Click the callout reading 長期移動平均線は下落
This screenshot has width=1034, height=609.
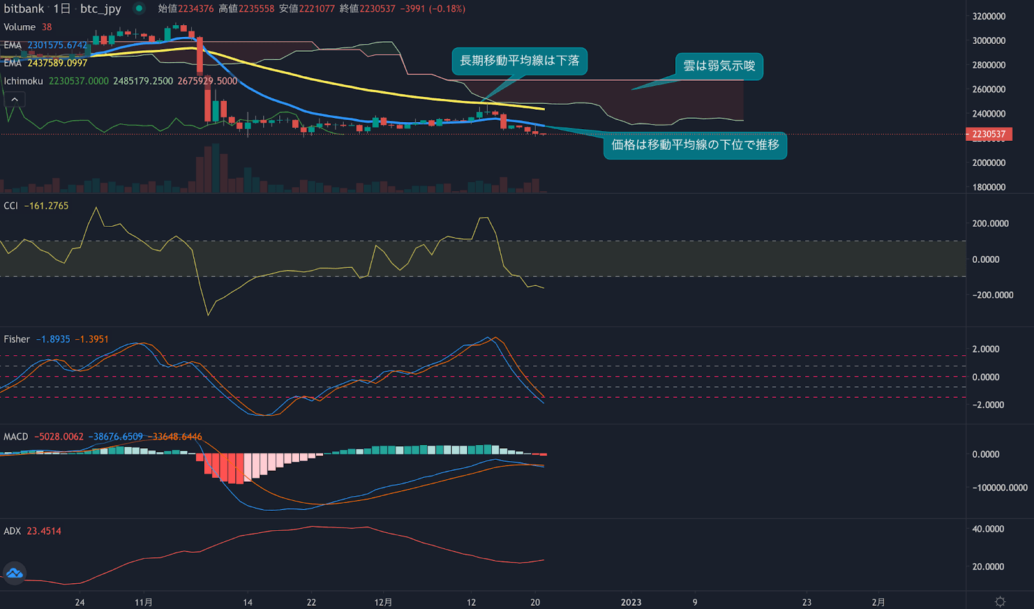(519, 61)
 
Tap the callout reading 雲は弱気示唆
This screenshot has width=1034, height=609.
(719, 66)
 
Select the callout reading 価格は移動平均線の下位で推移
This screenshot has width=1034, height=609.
(695, 145)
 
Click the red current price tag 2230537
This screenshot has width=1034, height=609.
(988, 134)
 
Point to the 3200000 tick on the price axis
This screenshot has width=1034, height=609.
(988, 16)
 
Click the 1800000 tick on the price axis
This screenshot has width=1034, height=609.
(988, 187)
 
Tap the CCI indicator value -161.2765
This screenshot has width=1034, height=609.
(46, 205)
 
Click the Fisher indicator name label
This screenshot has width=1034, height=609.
(17, 339)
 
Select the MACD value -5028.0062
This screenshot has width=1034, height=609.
(59, 437)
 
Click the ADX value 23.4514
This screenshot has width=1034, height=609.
(44, 531)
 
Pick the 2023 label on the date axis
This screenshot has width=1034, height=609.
(631, 602)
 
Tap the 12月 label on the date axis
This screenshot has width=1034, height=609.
(383, 602)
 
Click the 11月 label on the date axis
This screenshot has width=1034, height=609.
(143, 602)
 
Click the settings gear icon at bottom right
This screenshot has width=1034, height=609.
(1000, 601)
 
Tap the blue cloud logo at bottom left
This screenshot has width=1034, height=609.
(14, 573)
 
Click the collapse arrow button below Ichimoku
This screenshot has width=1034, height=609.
(14, 99)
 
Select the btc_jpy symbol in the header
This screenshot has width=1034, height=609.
(100, 8)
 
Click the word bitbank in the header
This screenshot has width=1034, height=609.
(24, 8)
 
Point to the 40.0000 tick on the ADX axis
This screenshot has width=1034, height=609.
(988, 528)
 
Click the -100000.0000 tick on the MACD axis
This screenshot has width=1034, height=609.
(999, 488)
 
